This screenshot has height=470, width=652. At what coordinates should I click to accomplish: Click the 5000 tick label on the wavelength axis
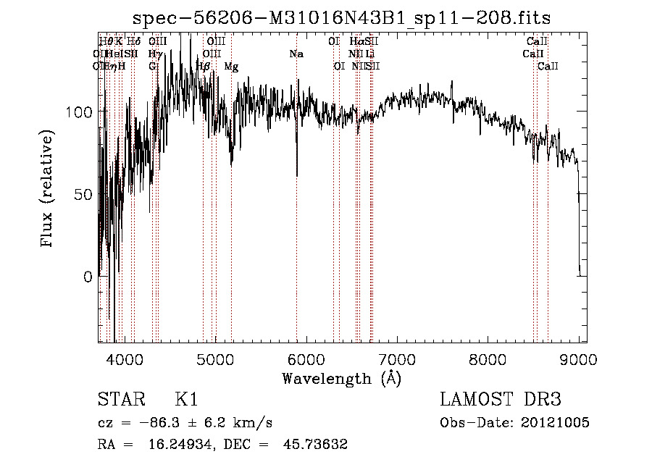[x=215, y=358]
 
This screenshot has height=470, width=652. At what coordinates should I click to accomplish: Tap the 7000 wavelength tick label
[x=397, y=358]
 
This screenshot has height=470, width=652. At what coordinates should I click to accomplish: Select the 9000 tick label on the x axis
[x=579, y=358]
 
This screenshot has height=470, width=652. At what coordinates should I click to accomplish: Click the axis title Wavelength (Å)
[x=340, y=378]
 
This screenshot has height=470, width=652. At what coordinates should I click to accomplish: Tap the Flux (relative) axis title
[x=49, y=190]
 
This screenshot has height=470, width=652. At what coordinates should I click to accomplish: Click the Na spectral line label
[x=296, y=54]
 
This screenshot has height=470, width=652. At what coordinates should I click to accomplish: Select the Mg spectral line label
[x=231, y=67]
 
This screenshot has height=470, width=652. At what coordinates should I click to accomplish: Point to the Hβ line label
[x=204, y=67]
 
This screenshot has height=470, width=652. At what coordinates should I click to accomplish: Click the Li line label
[x=369, y=54]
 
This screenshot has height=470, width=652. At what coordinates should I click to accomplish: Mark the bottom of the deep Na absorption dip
[x=297, y=175]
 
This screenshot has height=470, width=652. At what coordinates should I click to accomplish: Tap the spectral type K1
[x=186, y=400]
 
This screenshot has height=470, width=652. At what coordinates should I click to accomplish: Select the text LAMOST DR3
[x=501, y=400]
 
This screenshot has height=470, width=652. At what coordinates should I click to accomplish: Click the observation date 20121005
[x=554, y=423]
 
